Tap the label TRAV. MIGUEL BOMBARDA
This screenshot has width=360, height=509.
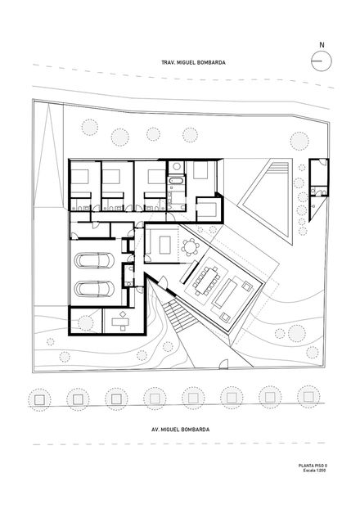(x=193, y=63)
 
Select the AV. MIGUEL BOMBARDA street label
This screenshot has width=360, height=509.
(x=181, y=430)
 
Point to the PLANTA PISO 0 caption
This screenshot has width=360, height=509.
(x=313, y=466)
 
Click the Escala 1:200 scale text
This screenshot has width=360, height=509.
(x=314, y=470)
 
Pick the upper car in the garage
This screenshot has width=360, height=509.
(x=94, y=261)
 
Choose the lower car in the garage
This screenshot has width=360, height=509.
(x=94, y=289)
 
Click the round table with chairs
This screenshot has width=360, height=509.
(x=190, y=247)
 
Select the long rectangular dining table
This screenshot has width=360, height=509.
(x=206, y=280)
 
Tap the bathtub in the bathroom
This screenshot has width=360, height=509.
(x=176, y=179)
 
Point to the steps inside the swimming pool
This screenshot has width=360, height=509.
(x=278, y=168)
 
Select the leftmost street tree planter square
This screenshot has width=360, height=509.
(x=39, y=399)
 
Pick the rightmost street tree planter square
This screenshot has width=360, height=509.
(x=308, y=397)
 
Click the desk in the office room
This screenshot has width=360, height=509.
(x=120, y=322)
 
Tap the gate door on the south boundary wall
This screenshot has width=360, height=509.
(x=223, y=364)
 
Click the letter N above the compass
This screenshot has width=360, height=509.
(x=322, y=45)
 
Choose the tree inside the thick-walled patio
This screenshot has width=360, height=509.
(x=86, y=323)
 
